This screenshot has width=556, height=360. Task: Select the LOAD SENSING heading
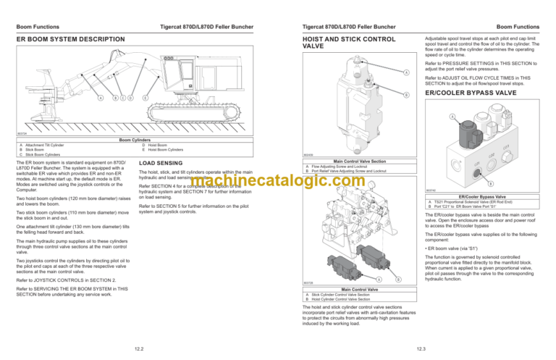(159, 163)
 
